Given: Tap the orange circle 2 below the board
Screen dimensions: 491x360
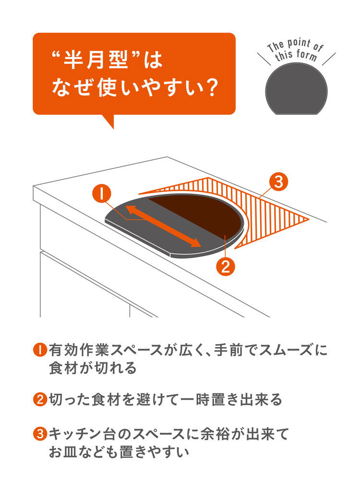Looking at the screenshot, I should [x=225, y=265].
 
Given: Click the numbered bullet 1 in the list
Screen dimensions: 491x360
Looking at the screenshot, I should [x=40, y=350].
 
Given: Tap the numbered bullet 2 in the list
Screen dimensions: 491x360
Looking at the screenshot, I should [x=40, y=399].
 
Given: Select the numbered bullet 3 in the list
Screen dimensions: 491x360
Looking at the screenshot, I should [x=40, y=435].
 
